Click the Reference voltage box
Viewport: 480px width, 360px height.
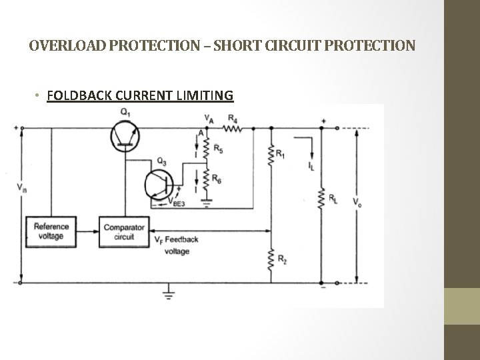[51, 231]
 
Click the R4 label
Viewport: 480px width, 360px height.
[232, 119]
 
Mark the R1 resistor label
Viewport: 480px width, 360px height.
[281, 155]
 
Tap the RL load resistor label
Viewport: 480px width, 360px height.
[331, 198]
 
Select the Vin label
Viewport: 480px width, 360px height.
[23, 187]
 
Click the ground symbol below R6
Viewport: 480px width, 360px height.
[207, 198]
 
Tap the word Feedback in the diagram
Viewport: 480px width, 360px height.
[181, 239]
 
